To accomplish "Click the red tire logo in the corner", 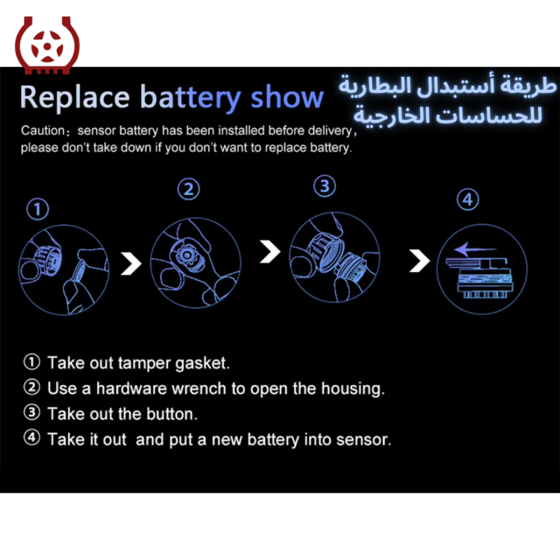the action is click(x=47, y=45).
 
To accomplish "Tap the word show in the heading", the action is click(x=287, y=96).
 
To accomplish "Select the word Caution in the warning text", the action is click(x=43, y=130).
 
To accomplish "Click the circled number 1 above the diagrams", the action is click(x=38, y=209).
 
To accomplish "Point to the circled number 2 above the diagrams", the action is click(x=189, y=189).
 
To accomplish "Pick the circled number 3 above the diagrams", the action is click(x=325, y=186).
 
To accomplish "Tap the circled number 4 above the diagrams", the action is click(x=468, y=199).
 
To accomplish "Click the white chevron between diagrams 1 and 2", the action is click(x=131, y=264).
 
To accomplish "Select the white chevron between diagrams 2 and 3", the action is click(x=270, y=251).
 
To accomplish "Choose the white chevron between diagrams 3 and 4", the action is click(x=419, y=260).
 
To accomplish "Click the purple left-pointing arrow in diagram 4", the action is click(x=475, y=249).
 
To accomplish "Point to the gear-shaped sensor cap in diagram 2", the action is click(x=186, y=255).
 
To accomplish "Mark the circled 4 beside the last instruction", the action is click(x=32, y=437).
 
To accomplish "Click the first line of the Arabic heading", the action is click(x=447, y=86).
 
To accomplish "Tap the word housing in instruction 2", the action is click(x=353, y=389).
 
